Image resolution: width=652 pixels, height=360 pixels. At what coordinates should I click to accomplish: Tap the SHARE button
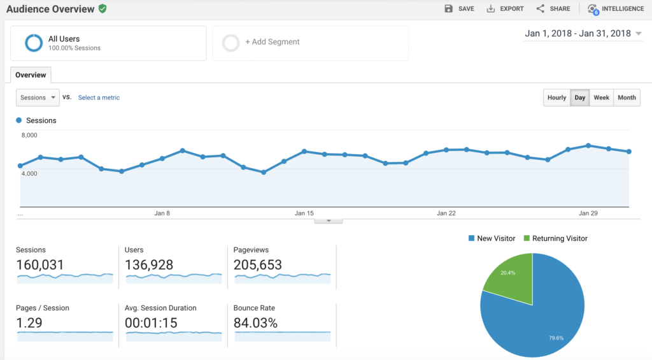tap(553, 9)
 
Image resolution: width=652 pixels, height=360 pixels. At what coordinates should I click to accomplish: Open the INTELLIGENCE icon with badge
tap(594, 9)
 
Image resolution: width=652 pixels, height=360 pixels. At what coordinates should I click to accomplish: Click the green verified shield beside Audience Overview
tap(103, 9)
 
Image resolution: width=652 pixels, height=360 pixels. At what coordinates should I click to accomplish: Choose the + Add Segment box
tap(310, 43)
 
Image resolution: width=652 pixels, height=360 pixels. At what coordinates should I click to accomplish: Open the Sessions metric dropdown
tap(38, 97)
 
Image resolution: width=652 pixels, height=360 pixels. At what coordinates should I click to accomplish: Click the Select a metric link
tap(99, 97)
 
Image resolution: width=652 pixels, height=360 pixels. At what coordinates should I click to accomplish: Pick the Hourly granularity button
tap(556, 97)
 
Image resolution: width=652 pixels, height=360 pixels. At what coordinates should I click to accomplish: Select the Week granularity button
tap(601, 97)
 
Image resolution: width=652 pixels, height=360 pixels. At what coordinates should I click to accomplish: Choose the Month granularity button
tap(627, 97)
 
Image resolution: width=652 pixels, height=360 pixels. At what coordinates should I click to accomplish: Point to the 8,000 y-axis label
tap(29, 135)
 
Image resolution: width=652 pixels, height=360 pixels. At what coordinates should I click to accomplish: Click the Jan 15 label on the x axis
tap(304, 213)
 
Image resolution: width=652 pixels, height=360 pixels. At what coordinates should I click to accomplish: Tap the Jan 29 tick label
tap(588, 213)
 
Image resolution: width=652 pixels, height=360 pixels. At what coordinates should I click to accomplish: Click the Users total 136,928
tap(149, 265)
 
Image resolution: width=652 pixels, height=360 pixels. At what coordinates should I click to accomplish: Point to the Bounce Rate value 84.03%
tap(255, 323)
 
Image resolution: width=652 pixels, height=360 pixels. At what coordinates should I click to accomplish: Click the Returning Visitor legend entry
tap(555, 238)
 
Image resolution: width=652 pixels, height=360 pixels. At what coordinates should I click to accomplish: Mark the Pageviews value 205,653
tap(257, 265)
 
